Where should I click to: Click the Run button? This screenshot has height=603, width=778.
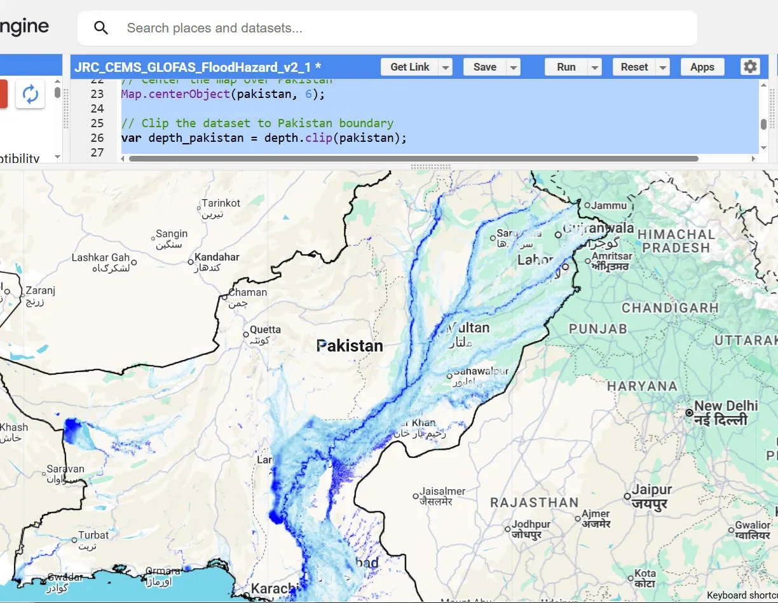pyautogui.click(x=566, y=67)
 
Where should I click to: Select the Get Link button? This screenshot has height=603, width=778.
pyautogui.click(x=409, y=67)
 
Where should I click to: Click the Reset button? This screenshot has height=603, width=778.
pyautogui.click(x=634, y=67)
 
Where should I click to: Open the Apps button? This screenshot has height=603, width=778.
pyautogui.click(x=702, y=67)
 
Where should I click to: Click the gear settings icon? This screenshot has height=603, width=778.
pyautogui.click(x=750, y=67)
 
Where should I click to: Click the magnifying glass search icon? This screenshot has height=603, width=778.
pyautogui.click(x=101, y=28)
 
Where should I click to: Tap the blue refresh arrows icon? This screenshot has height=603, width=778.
pyautogui.click(x=31, y=94)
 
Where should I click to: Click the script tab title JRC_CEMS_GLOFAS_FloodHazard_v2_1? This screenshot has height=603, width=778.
pyautogui.click(x=197, y=67)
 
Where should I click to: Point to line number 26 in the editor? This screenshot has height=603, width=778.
pyautogui.click(x=97, y=138)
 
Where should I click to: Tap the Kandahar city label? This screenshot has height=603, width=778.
pyautogui.click(x=217, y=257)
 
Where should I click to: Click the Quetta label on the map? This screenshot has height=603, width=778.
pyautogui.click(x=265, y=329)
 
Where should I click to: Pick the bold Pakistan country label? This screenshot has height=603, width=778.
pyautogui.click(x=350, y=346)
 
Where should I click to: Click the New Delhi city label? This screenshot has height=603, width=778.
pyautogui.click(x=726, y=406)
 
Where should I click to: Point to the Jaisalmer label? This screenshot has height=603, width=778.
pyautogui.click(x=442, y=491)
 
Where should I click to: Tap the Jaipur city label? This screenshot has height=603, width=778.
pyautogui.click(x=651, y=490)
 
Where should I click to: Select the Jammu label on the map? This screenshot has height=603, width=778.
pyautogui.click(x=608, y=205)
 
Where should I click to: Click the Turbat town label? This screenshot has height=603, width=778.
pyautogui.click(x=93, y=535)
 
